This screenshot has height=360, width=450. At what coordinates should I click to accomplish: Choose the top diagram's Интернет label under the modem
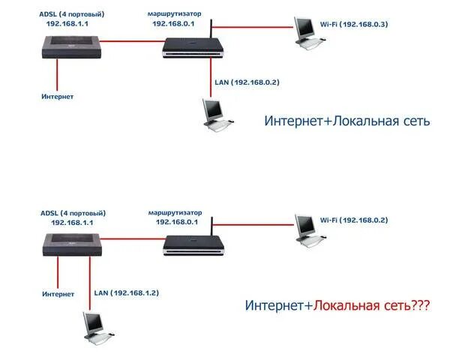[x=58, y=97]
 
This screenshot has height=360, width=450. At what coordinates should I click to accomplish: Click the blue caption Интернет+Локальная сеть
[x=346, y=120]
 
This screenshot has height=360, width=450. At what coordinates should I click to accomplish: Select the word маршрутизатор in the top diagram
[x=174, y=13]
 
